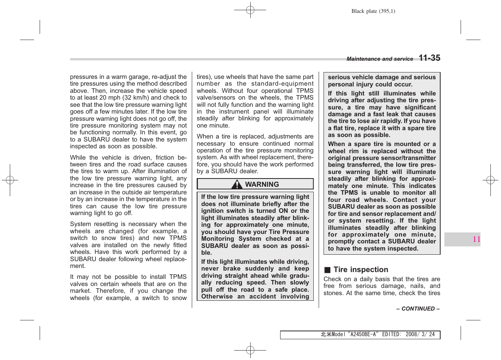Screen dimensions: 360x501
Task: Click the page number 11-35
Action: click(x=429, y=58)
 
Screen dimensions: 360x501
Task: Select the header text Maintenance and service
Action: click(x=379, y=59)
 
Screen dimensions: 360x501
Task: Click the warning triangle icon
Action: click(x=237, y=185)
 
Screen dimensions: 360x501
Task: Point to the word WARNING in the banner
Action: click(x=262, y=185)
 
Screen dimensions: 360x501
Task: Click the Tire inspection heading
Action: click(x=361, y=270)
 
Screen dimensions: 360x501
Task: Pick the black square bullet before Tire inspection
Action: click(x=327, y=270)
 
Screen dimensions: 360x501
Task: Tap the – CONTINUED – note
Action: click(x=418, y=309)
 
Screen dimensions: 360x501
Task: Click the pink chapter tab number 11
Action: click(x=476, y=239)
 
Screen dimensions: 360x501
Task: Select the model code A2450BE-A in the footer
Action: click(x=363, y=334)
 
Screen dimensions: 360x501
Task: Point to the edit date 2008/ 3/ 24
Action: click(x=420, y=334)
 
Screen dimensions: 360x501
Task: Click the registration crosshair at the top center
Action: click(x=250, y=10)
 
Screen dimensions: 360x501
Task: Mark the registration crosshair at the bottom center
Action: click(x=250, y=350)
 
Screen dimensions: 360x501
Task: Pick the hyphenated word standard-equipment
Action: click(x=282, y=84)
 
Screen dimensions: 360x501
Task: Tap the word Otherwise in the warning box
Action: click(x=217, y=297)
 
